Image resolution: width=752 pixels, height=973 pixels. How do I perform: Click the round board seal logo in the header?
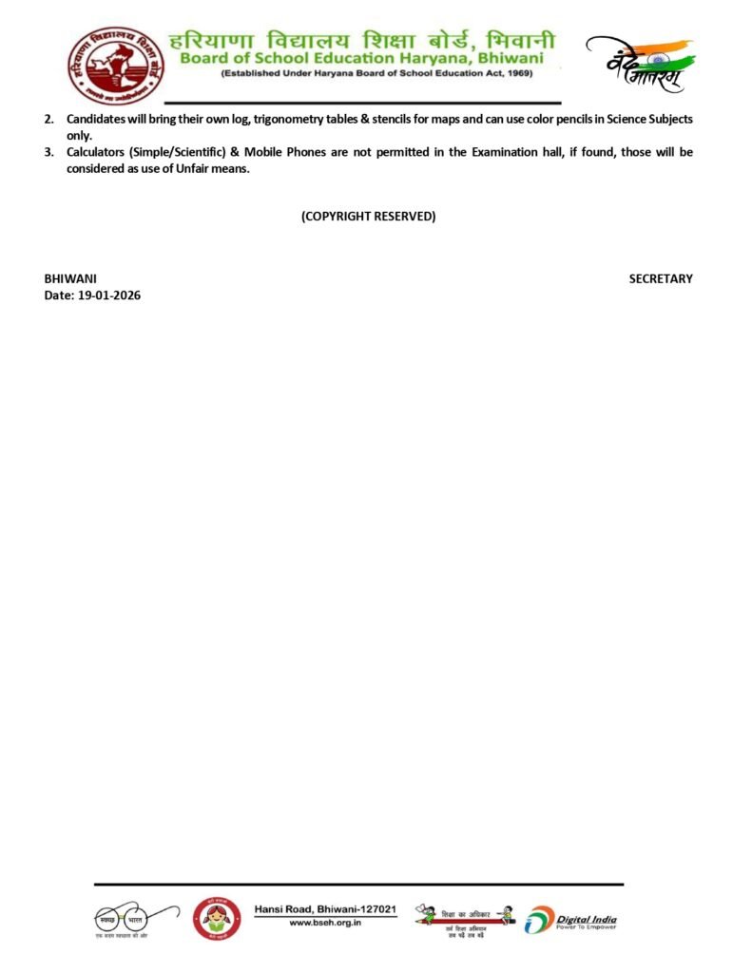coord(107,66)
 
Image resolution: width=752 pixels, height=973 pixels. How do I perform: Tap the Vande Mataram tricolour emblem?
coord(639,64)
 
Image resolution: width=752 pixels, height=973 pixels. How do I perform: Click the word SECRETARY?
coord(661,278)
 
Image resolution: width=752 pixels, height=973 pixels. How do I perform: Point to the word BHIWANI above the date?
coord(70,278)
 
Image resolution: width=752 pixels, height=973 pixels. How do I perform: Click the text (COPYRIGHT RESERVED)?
coord(368,216)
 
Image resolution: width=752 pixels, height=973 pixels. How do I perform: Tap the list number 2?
coord(48,119)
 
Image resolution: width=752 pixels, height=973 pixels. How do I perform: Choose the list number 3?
coord(48,152)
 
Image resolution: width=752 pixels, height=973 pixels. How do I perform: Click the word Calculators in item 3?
coord(96,152)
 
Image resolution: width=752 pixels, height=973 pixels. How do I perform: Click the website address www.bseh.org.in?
coord(324,923)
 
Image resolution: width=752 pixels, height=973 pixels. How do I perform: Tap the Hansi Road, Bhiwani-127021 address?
coord(324,909)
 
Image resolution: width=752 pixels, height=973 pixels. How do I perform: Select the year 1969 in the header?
coord(519,73)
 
